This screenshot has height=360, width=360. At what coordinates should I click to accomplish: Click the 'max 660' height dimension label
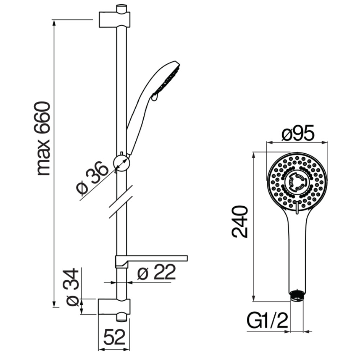(x=42, y=139)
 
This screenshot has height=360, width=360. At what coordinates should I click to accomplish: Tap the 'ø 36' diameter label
(x=92, y=177)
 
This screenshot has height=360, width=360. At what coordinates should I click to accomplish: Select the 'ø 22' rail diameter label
(x=157, y=272)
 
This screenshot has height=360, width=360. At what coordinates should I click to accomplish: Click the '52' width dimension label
(x=114, y=337)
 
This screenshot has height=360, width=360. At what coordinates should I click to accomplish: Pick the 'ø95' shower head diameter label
(x=298, y=133)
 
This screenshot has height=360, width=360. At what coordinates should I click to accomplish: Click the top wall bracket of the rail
(x=114, y=20)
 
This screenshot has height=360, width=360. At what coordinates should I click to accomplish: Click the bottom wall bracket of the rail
(x=114, y=307)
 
